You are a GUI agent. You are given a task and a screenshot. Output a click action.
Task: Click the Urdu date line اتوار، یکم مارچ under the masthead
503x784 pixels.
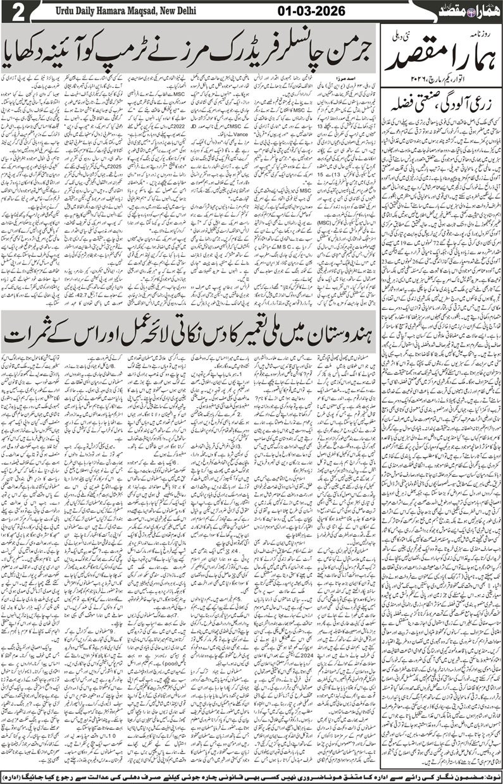(446, 80)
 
